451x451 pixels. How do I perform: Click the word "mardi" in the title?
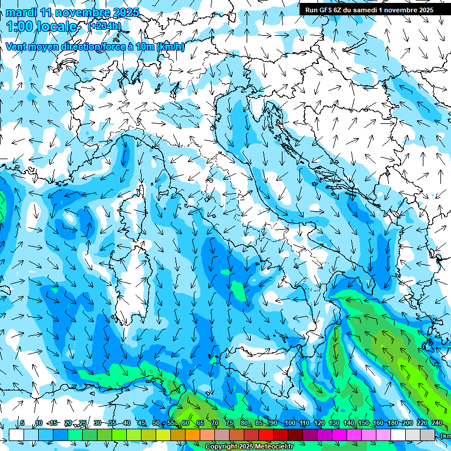point(21,12)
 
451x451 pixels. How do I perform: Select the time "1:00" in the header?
point(19,26)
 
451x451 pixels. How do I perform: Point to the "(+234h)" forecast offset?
point(104,26)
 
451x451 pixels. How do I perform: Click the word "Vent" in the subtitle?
point(17,47)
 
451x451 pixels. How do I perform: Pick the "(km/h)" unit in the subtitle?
point(171,47)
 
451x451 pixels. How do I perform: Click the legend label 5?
point(22,423)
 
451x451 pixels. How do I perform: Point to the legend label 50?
point(156,423)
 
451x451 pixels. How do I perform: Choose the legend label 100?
point(290,423)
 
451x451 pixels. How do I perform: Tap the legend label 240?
point(436,423)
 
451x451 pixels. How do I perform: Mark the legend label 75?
point(230,423)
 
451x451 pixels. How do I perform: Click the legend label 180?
point(392,423)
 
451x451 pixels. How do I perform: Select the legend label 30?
point(97,423)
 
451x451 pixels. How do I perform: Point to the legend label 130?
point(334,423)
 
